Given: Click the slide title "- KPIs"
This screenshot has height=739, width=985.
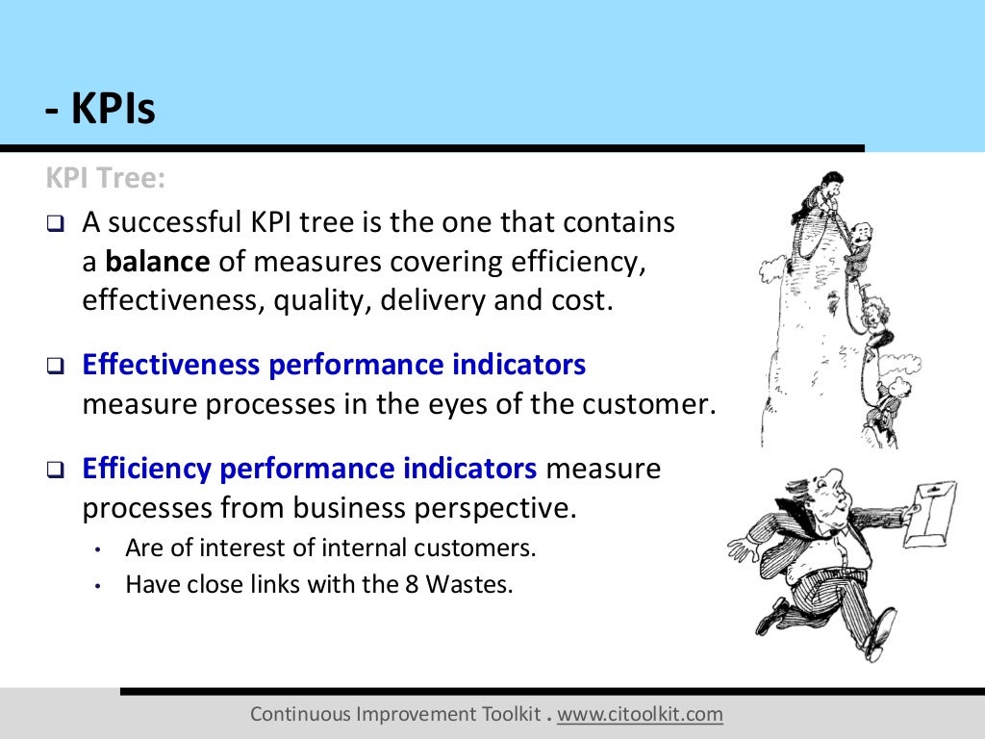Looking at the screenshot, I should tap(100, 111).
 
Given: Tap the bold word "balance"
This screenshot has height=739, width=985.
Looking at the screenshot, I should tap(157, 261).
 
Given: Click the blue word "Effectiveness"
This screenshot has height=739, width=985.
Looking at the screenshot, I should tap(171, 365).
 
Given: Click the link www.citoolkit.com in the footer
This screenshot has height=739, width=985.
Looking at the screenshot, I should tap(640, 714).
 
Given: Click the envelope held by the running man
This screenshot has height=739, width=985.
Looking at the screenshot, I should tap(930, 512).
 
